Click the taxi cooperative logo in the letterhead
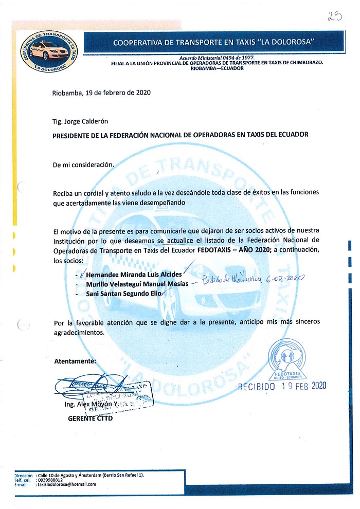[49, 50]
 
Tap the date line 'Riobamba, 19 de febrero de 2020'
[101, 93]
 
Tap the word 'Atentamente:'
[75, 361]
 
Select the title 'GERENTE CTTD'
[90, 418]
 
